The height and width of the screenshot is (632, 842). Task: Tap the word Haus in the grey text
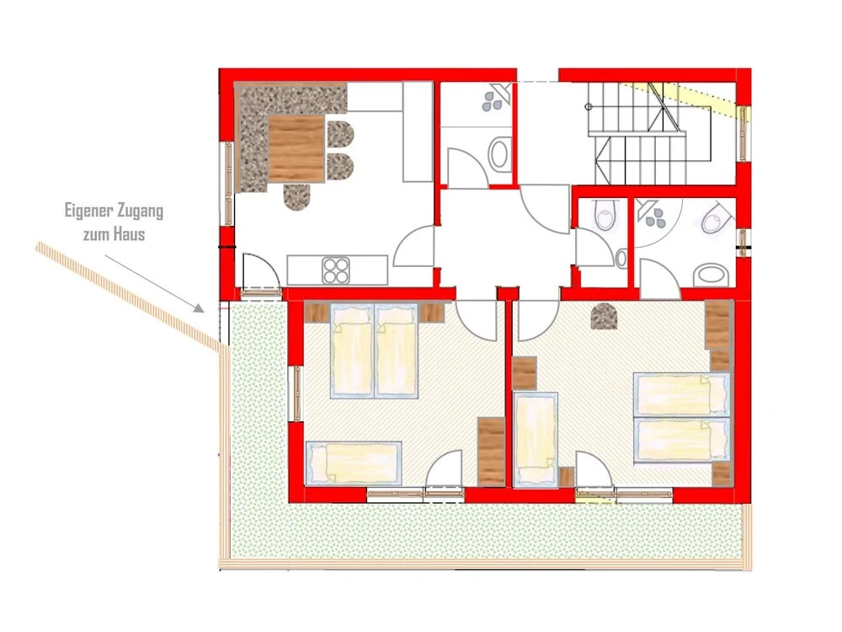tap(130, 233)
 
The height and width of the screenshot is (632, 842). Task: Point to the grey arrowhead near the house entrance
tap(200, 308)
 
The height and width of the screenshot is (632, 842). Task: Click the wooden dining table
tap(296, 149)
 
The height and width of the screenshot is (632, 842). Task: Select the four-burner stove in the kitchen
tap(336, 270)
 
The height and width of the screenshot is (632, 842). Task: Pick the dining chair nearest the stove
tap(297, 196)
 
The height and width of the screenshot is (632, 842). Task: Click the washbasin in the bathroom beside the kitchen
tap(499, 153)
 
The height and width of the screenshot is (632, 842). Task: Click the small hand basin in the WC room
tap(621, 259)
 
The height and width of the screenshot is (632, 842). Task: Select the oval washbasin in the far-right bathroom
tap(711, 276)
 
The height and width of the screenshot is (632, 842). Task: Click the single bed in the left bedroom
tap(354, 463)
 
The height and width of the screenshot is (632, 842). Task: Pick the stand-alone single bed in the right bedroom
tap(535, 440)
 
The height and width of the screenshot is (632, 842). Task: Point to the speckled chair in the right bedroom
tap(604, 316)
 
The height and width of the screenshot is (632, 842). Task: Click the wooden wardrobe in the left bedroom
tap(491, 452)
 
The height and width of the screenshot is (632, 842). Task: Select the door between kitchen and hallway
tap(414, 246)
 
